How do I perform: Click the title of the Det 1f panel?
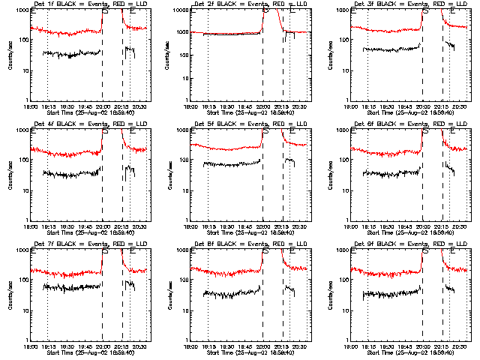click(82, 4)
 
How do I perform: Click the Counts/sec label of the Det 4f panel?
click(10, 175)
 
